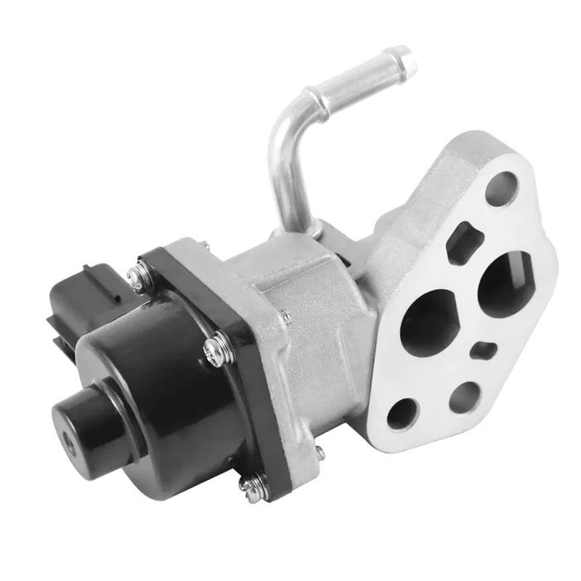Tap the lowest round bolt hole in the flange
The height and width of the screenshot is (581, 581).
[402, 413]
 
